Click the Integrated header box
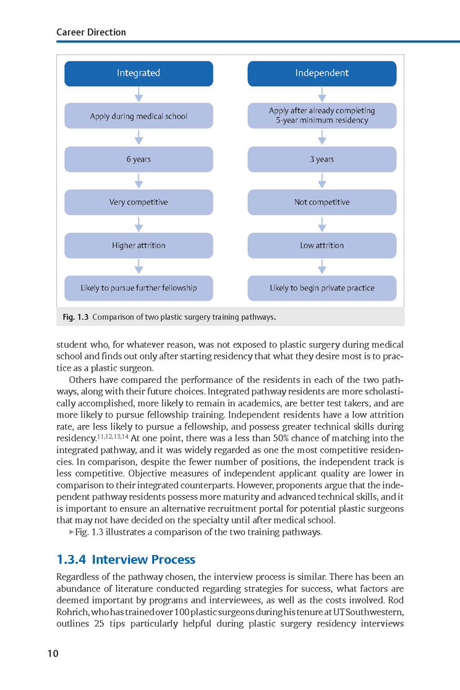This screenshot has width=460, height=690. pos(138,73)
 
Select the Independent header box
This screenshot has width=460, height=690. pos(322,73)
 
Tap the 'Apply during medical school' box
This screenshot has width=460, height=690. pos(138,116)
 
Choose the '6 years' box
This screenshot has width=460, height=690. pos(138,159)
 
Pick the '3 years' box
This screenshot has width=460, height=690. pos(322,159)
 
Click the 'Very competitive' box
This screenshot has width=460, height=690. pos(138,202)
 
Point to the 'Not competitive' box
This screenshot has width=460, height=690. pos(322,202)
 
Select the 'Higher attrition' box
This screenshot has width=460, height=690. pos(138,245)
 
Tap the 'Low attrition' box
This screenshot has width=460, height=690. pos(322,245)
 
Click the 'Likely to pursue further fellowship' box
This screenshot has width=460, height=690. pos(138,288)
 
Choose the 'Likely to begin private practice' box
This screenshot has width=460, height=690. pos(322,288)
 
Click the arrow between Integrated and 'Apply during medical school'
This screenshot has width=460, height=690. pos(138,94)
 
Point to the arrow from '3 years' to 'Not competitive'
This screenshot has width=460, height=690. pos(322,181)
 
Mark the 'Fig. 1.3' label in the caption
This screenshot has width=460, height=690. pos(75,317)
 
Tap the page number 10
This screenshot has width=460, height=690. pos(53,653)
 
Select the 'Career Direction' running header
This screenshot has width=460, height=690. pos(90,32)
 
